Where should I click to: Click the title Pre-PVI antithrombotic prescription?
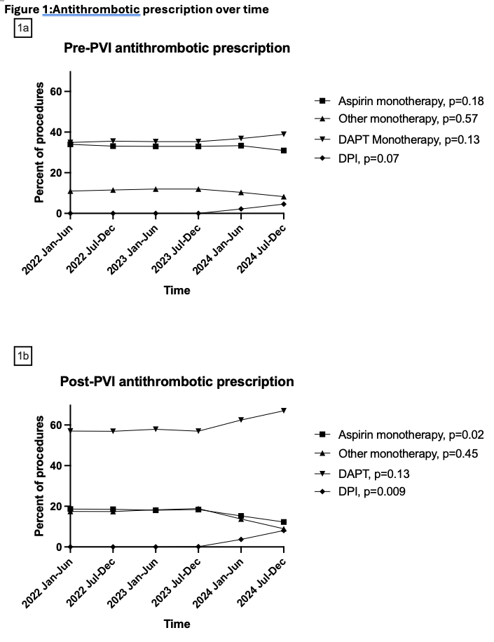point(177,48)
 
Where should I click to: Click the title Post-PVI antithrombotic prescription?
point(177,382)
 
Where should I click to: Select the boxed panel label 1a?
point(22,27)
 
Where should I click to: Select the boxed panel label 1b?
point(22,357)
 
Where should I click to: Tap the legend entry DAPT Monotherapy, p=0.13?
point(409,139)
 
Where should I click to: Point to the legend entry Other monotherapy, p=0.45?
point(408,453)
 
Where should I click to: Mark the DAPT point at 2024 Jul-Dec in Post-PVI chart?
point(284,410)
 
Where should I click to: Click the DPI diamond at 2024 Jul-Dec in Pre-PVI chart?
point(284,204)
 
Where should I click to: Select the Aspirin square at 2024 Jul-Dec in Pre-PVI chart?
point(284,151)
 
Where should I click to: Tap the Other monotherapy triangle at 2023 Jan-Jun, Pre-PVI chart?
point(156,189)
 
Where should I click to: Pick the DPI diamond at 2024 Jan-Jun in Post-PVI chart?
point(241,539)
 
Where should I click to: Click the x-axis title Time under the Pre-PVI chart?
point(177,290)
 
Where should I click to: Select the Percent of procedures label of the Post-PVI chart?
point(40,475)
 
